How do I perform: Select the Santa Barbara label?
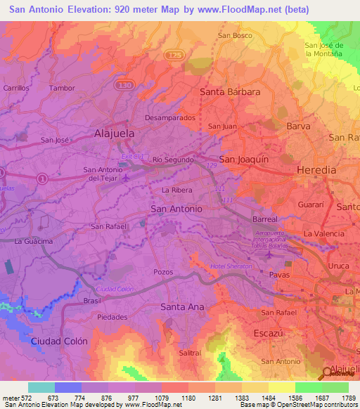[x=231, y=92]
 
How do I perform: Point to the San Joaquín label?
[x=244, y=160]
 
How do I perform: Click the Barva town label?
[x=298, y=126]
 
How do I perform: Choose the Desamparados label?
[x=168, y=117]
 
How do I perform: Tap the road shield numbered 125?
[x=174, y=54]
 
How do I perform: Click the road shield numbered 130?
[x=125, y=85]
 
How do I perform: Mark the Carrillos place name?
[x=16, y=88]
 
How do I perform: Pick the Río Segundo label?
[x=173, y=160]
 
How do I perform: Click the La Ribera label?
[x=177, y=190]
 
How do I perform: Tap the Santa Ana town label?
[x=182, y=306]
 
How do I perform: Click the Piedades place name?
[x=112, y=317]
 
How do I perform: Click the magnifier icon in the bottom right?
[x=326, y=372]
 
